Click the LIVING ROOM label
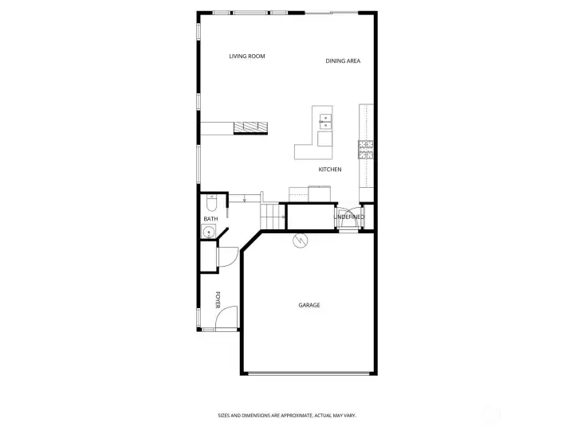246,57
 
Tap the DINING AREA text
343,61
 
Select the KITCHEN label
330,170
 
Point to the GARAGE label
309,305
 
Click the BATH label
210,219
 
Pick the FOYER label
218,300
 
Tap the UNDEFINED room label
349,217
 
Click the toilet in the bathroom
211,203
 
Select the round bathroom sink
209,232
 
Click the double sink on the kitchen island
325,122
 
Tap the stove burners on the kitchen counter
366,150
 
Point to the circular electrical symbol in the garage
301,240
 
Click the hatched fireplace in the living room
251,127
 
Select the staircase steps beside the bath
273,217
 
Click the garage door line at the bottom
309,373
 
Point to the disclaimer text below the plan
287,416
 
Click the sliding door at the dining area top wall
332,13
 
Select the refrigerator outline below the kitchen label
319,193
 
